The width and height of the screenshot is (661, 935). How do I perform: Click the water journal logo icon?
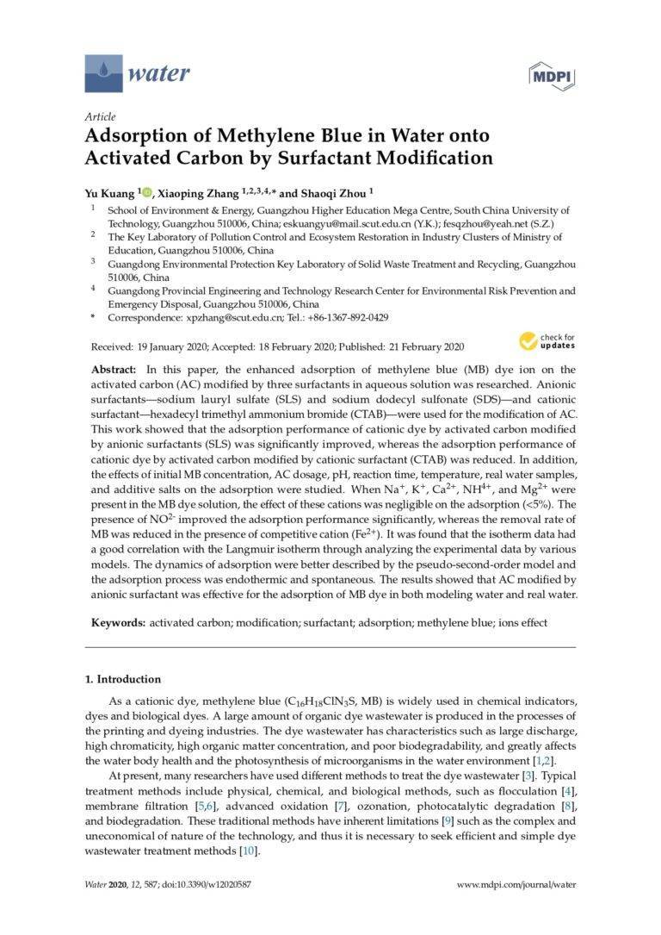tap(103, 73)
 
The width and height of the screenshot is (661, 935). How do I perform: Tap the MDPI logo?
tap(551, 75)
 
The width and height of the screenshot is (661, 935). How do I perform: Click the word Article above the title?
tap(100, 117)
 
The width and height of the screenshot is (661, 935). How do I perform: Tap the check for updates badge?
tap(547, 341)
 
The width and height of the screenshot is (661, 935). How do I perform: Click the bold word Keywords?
tap(119, 622)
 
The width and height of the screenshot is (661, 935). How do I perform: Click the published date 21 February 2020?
tap(422, 347)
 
